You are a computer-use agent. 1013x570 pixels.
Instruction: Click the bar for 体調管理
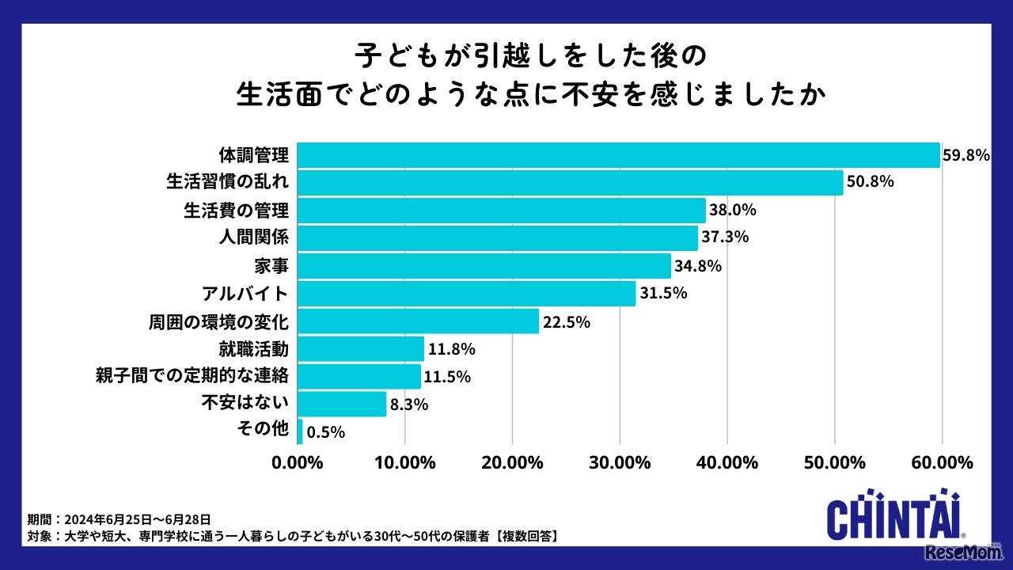point(618,155)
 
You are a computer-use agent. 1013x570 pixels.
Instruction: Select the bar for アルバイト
point(466,293)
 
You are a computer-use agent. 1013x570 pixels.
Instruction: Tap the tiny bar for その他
point(300,431)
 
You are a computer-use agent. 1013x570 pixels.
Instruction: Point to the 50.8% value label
point(870,182)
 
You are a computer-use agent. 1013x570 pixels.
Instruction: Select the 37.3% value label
point(725,237)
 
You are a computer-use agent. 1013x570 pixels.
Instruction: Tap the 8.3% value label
point(409,405)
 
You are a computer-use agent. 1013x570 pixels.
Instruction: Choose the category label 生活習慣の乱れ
point(227,182)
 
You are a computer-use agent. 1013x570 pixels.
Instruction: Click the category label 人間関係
point(254,237)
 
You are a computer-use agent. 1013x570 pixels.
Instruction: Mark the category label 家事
point(271,265)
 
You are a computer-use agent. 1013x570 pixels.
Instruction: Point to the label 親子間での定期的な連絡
point(191,377)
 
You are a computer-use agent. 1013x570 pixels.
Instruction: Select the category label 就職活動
point(254,348)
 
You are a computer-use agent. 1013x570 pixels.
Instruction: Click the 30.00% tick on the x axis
point(620,462)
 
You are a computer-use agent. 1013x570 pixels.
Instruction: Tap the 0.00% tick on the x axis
point(297,462)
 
